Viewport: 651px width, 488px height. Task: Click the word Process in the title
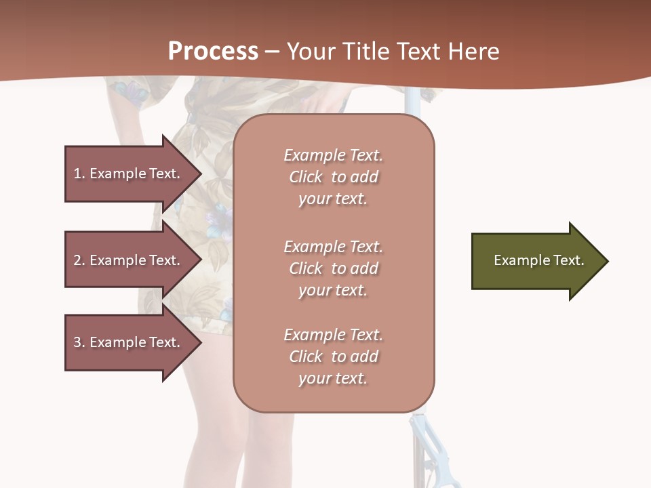click(213, 52)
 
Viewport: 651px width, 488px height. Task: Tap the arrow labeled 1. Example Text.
click(129, 174)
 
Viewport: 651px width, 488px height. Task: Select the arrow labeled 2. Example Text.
click(129, 260)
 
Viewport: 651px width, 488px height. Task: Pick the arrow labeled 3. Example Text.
click(129, 342)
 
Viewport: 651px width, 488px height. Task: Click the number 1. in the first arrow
click(79, 174)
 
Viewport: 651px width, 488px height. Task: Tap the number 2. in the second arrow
click(79, 260)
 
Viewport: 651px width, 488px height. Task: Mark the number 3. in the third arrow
click(79, 342)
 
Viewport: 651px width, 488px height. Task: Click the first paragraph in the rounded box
click(334, 177)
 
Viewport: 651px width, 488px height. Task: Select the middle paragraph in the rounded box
click(334, 268)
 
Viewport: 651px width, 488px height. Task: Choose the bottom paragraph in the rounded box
click(334, 357)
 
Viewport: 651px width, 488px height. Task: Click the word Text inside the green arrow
click(568, 260)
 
